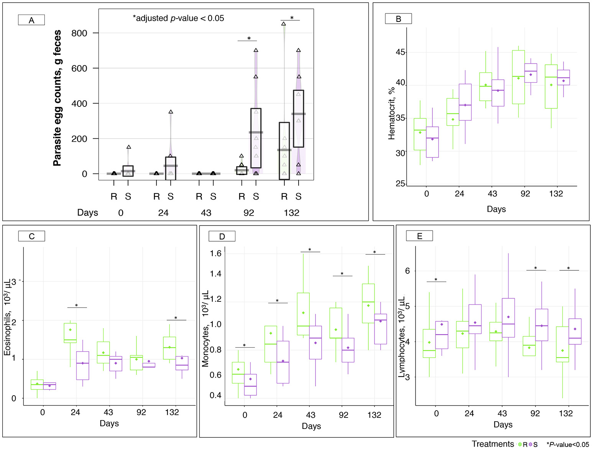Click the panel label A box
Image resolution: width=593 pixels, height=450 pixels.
[x=31, y=20]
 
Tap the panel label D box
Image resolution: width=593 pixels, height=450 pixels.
[x=222, y=236]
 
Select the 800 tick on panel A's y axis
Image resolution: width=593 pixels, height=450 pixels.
[x=79, y=33]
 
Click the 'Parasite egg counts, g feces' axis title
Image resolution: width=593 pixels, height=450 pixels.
[x=57, y=98]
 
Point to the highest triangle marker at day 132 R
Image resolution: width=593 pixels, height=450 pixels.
[x=284, y=24]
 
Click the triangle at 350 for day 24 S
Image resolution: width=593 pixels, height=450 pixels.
[x=171, y=112]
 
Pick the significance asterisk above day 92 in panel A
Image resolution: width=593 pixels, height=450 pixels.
[x=249, y=38]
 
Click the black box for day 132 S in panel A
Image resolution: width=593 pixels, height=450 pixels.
[x=298, y=118]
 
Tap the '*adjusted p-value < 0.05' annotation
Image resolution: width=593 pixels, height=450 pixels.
[x=178, y=18]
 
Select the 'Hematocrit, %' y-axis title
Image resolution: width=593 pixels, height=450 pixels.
[x=391, y=113]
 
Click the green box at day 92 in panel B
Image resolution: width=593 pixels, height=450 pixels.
[x=518, y=77]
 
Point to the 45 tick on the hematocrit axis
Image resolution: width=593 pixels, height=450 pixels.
[x=400, y=52]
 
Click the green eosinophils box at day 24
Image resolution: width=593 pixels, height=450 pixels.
[x=70, y=333]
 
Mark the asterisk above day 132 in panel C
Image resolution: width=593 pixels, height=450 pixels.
[x=176, y=318]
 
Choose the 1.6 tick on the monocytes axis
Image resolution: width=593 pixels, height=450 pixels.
[x=216, y=253]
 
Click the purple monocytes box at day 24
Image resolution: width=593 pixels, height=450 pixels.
[x=283, y=362]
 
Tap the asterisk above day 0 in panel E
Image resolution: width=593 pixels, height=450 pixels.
[x=436, y=280]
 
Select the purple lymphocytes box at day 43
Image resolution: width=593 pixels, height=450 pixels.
[x=508, y=317]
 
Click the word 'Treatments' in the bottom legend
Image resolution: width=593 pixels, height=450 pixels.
[x=493, y=444]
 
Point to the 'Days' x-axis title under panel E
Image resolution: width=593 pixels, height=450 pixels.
[x=503, y=424]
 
